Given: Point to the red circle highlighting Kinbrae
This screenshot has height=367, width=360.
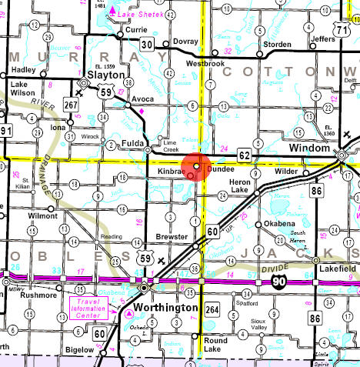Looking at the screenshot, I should [x=197, y=166].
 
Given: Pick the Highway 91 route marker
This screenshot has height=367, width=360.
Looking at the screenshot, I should [x=6, y=132].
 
